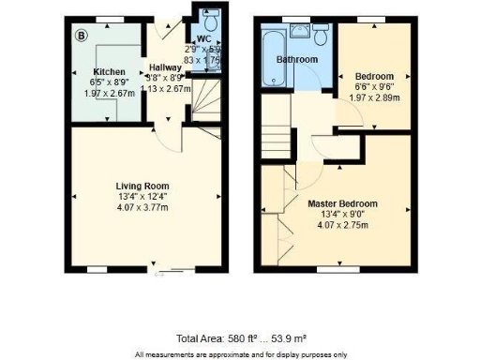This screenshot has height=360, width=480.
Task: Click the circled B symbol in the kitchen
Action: (x=81, y=36)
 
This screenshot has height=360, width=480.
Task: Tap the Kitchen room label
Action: (x=109, y=71)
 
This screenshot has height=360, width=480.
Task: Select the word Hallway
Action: (x=165, y=68)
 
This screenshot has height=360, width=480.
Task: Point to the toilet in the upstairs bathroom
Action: (x=321, y=36)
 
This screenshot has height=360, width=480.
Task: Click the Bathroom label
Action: (x=296, y=59)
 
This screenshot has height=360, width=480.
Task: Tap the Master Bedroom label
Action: (x=342, y=202)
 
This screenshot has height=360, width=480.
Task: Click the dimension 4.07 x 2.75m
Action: (x=342, y=225)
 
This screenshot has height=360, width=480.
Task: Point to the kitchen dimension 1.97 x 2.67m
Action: (x=109, y=93)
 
